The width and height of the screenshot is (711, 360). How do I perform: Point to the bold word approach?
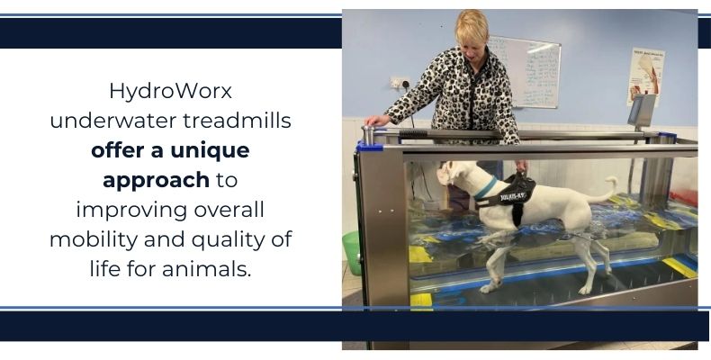click(155, 180)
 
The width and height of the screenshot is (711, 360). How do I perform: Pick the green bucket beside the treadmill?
click(352, 253)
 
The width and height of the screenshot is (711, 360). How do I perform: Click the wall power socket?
click(397, 85)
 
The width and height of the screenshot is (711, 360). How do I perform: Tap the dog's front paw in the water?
click(491, 286)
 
